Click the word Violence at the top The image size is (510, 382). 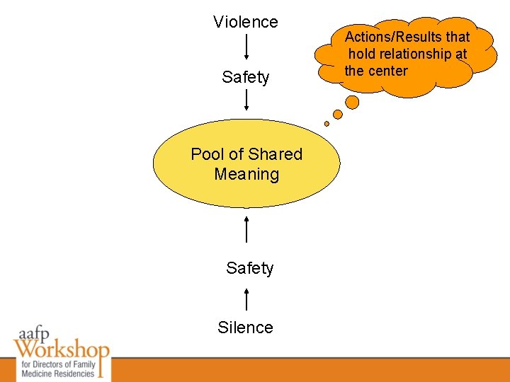pos(246,22)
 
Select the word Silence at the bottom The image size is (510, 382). pos(245,328)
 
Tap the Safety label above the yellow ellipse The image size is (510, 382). pos(246,77)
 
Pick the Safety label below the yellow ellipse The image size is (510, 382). pos(249,268)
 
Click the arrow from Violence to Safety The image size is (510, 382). pos(246,48)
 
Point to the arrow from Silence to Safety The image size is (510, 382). pos(246,299)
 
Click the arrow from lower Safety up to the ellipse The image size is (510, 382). pos(246,229)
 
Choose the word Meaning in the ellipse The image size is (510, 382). pos(246,174)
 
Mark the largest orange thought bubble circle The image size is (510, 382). pos(352,103)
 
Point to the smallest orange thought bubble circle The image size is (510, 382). pos(327,124)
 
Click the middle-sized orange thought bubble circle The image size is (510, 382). pos(338,114)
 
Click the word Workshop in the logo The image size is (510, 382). pos(62,349)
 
